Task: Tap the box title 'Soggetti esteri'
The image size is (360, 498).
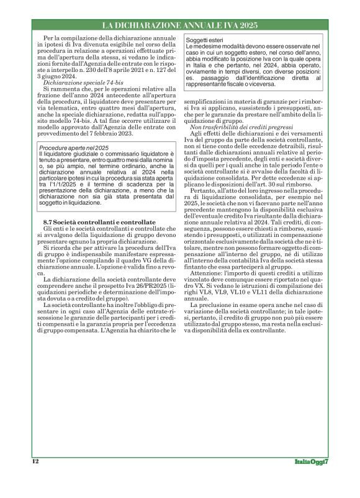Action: coord(205,40)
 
